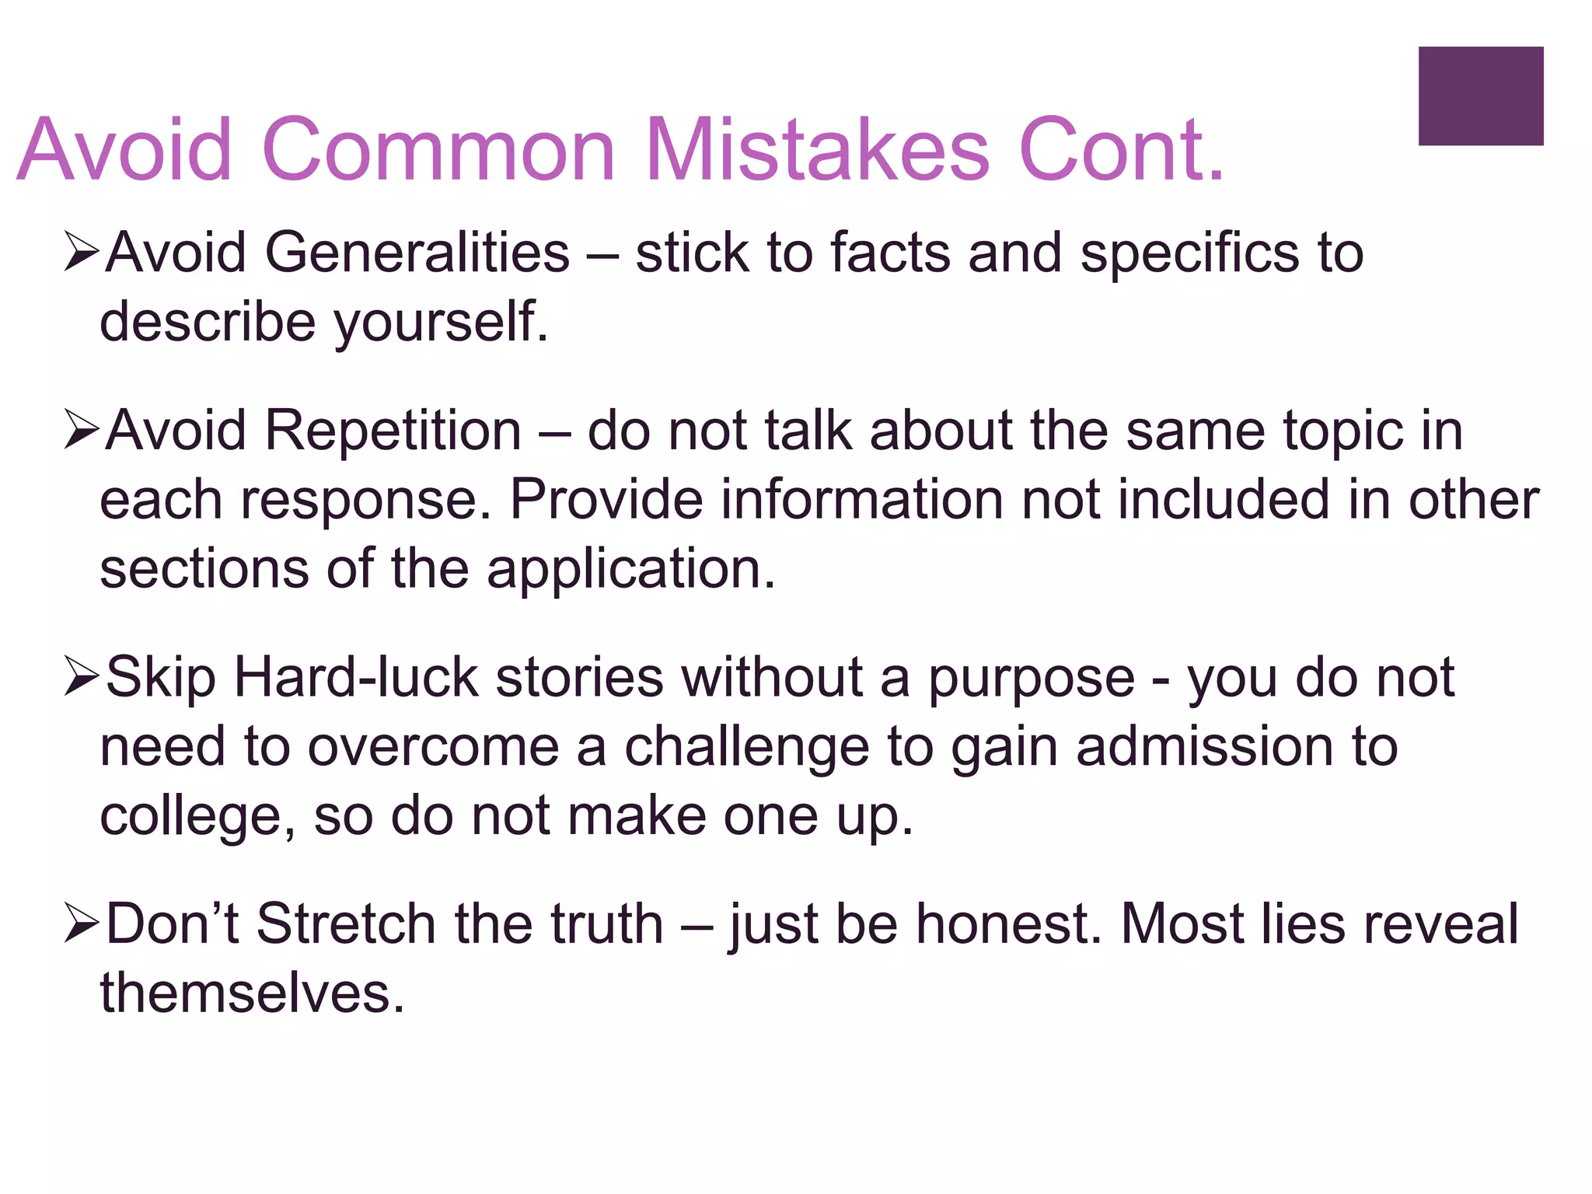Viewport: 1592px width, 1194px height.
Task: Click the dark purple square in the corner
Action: [1480, 96]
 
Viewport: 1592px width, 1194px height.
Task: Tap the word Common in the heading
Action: [439, 149]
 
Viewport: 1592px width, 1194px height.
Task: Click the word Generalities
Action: [417, 253]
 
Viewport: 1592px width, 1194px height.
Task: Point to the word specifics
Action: [1189, 254]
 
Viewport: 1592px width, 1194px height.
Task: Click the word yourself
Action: [441, 323]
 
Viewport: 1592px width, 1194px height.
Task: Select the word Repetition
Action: [393, 430]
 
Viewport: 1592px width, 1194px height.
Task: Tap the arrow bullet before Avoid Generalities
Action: [82, 253]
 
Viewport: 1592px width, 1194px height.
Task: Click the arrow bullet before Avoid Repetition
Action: [82, 430]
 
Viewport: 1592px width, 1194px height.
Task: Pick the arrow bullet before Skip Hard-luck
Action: [82, 677]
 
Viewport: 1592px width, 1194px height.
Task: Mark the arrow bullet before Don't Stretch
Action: [82, 924]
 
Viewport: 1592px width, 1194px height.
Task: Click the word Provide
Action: [606, 499]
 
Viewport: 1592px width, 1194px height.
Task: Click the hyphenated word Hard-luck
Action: [356, 677]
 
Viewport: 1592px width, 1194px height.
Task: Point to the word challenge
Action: [747, 747]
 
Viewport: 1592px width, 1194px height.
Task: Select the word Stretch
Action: [346, 924]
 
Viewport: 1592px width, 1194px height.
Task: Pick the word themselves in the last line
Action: [252, 993]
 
